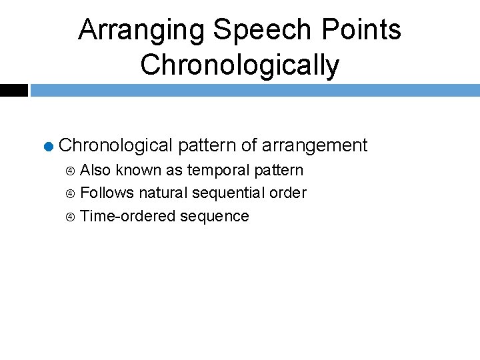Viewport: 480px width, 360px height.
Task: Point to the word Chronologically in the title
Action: point(240,65)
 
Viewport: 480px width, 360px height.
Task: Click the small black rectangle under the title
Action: point(13,90)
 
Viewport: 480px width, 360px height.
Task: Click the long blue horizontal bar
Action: point(255,90)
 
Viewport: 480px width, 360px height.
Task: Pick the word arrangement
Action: point(315,145)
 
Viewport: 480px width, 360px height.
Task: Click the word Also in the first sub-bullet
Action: point(95,171)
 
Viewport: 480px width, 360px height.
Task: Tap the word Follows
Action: point(107,193)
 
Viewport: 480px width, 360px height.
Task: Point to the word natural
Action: point(163,193)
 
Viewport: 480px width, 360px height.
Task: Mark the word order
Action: point(288,193)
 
